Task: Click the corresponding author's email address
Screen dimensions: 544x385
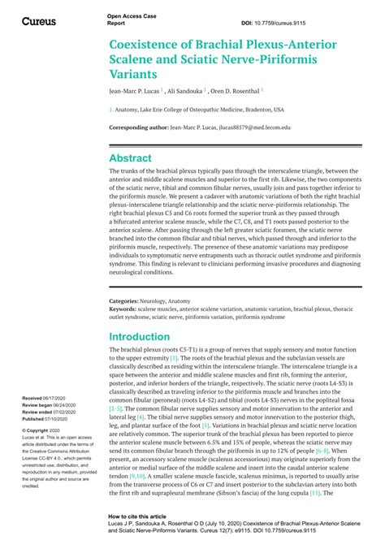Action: pyautogui.click(x=244, y=127)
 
